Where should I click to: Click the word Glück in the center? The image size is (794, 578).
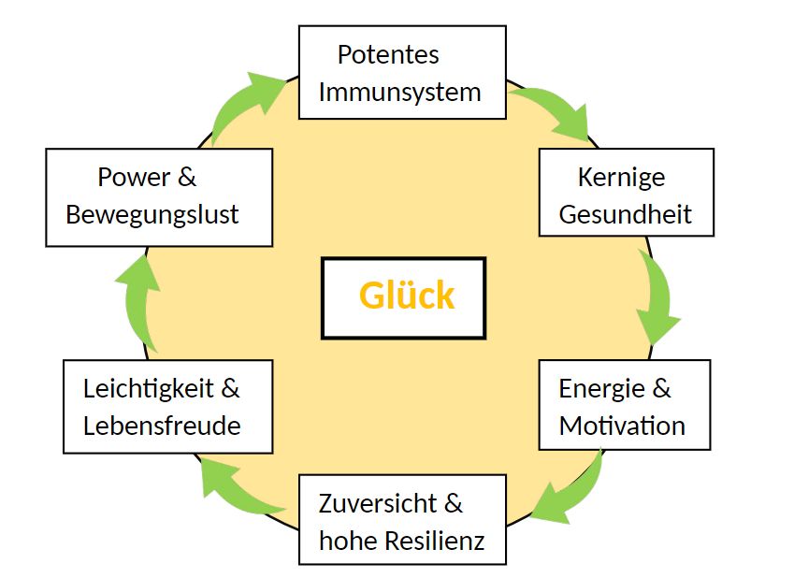pyautogui.click(x=407, y=296)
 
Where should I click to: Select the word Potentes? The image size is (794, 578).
pyautogui.click(x=388, y=54)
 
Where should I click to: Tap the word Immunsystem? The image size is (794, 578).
pyautogui.click(x=399, y=92)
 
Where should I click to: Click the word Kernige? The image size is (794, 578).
pyautogui.click(x=621, y=176)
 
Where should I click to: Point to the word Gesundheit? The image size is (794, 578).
pyautogui.click(x=625, y=213)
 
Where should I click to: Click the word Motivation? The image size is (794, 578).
pyautogui.click(x=622, y=426)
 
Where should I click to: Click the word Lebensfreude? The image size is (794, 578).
pyautogui.click(x=162, y=426)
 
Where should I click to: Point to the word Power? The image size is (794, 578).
pyautogui.click(x=134, y=176)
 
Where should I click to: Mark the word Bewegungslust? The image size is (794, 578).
pyautogui.click(x=152, y=213)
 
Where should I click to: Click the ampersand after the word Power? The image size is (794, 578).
pyautogui.click(x=187, y=176)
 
